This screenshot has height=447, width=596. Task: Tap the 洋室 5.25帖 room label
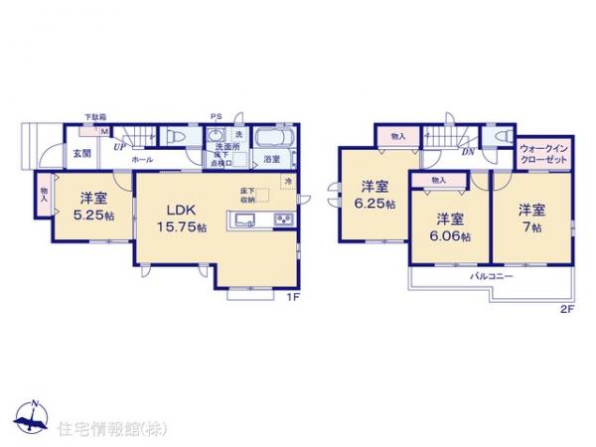point(86,203)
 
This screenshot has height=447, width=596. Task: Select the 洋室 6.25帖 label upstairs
point(374,195)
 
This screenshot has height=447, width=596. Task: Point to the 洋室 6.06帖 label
point(448,225)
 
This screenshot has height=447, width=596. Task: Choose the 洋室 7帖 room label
point(530,218)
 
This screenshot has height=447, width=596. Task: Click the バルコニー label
point(491,275)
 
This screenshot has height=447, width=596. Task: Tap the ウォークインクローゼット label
point(543,153)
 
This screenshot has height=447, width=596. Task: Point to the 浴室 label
point(271,158)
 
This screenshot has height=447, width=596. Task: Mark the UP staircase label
point(118,147)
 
